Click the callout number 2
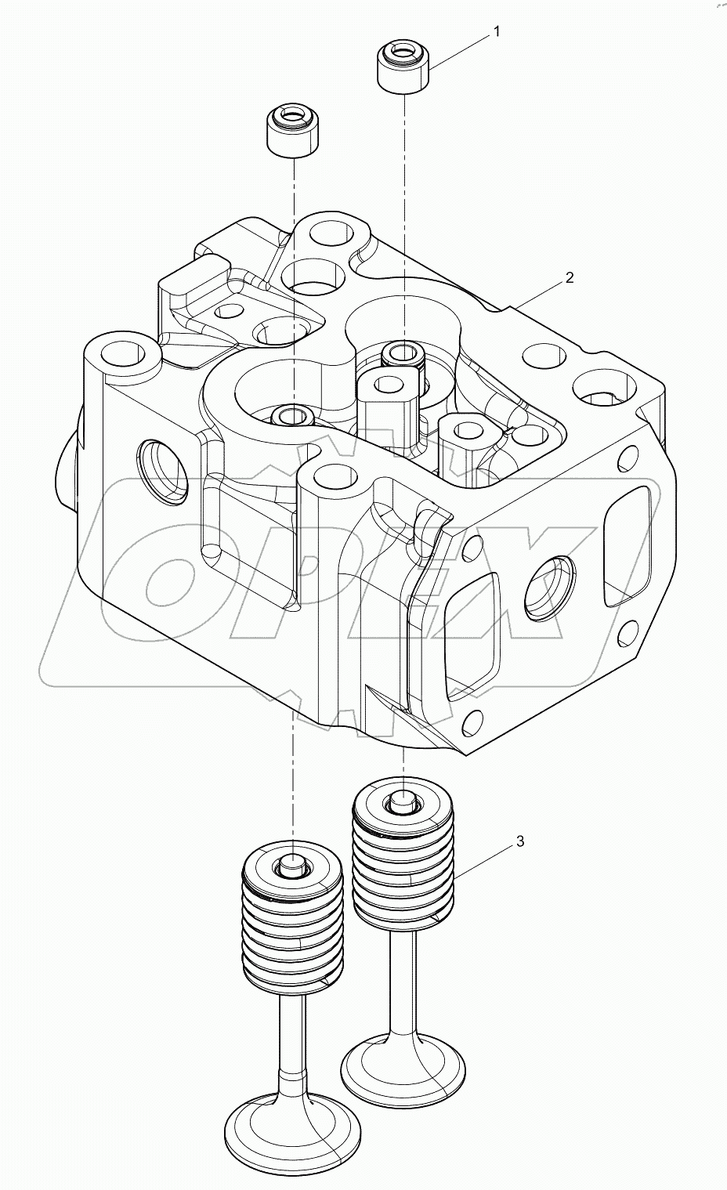[569, 277]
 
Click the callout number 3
[519, 841]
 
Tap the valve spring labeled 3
[403, 862]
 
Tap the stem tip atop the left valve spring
[291, 865]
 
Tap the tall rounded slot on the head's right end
[628, 537]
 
